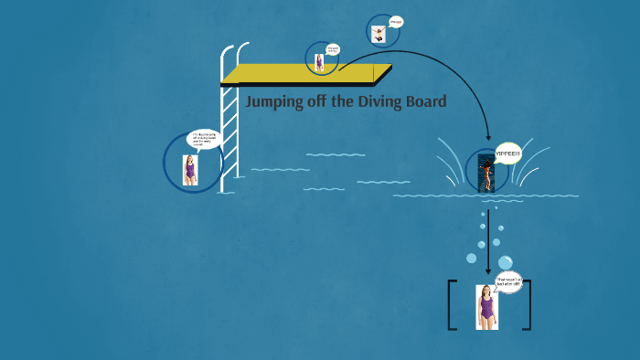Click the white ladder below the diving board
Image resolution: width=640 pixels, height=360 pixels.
pos(230,137)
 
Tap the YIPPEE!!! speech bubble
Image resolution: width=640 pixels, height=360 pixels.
pos(508,154)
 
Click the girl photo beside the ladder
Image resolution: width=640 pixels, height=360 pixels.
pos(189,170)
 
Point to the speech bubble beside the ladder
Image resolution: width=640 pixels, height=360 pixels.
pos(204,139)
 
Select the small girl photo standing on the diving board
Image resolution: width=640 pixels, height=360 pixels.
pos(319,62)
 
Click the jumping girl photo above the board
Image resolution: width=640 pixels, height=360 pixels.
pos(378,34)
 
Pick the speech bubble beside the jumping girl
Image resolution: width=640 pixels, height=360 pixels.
pos(396,22)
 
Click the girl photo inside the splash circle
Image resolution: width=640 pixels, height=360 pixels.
pos(486,174)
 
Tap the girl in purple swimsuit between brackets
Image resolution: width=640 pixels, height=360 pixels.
pos(485,306)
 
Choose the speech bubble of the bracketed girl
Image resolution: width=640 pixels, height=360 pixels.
pos(507,282)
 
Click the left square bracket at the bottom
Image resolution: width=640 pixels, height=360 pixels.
pos(452,304)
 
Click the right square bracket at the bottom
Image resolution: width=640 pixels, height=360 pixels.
pos(526,304)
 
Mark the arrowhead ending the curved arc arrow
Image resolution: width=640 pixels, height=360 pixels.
pos(488,136)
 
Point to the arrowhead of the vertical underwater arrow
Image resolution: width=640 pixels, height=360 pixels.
pos(488,270)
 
